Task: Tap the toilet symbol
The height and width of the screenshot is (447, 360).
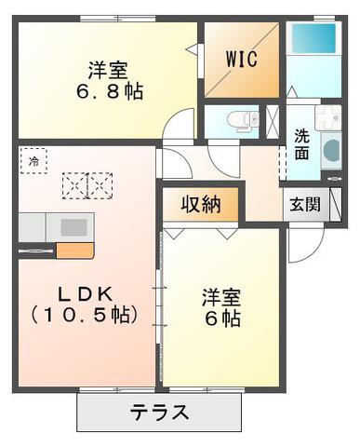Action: click(x=243, y=120)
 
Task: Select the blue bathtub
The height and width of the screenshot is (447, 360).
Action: click(x=313, y=38)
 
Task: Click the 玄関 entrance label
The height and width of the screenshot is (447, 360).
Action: click(x=305, y=205)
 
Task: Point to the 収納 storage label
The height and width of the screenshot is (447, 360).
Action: click(x=201, y=205)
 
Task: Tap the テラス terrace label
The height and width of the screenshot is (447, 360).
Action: click(x=159, y=413)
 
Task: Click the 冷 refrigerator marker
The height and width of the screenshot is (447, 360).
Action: click(x=33, y=161)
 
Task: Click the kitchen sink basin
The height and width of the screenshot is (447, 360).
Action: click(x=73, y=227)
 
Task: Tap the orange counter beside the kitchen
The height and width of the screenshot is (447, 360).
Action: click(x=74, y=251)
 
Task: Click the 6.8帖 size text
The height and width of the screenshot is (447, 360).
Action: click(x=110, y=91)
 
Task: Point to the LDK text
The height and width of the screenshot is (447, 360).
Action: click(x=86, y=294)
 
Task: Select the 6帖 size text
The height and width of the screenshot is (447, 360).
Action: click(x=222, y=318)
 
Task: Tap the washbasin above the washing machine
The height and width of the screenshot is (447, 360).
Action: click(x=328, y=117)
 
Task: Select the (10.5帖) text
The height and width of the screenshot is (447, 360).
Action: click(x=84, y=315)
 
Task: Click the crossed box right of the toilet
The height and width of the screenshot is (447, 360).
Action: click(x=273, y=121)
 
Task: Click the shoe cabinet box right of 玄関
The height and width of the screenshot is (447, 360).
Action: click(x=335, y=205)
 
